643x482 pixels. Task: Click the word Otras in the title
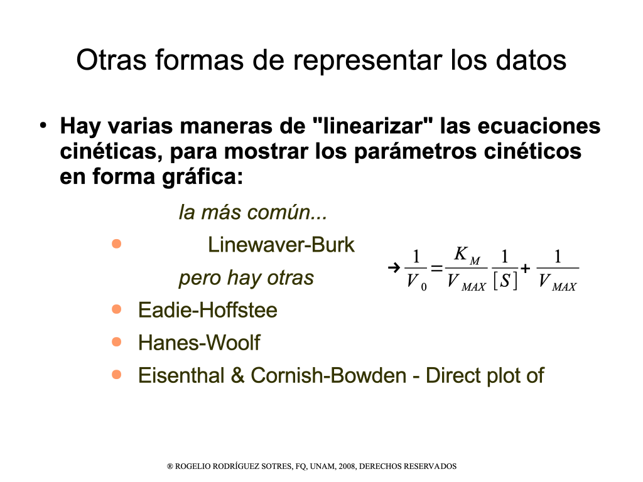(x=112, y=60)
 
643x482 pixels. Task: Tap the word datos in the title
(x=531, y=60)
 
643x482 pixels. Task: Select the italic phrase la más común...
(x=252, y=212)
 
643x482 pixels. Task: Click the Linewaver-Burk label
(x=281, y=245)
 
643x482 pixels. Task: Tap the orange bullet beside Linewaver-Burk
(x=116, y=244)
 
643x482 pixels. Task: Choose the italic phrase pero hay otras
(x=246, y=278)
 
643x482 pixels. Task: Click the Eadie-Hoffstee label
(x=207, y=310)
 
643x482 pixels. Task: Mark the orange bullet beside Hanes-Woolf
(x=116, y=342)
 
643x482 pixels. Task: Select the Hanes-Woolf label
(x=199, y=343)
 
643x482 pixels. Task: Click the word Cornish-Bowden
(x=328, y=375)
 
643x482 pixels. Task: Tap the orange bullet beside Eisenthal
(x=116, y=374)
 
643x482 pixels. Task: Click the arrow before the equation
(x=394, y=268)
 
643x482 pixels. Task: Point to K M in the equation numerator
(x=467, y=255)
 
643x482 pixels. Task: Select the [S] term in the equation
(x=505, y=281)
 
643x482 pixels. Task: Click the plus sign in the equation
(x=525, y=269)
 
